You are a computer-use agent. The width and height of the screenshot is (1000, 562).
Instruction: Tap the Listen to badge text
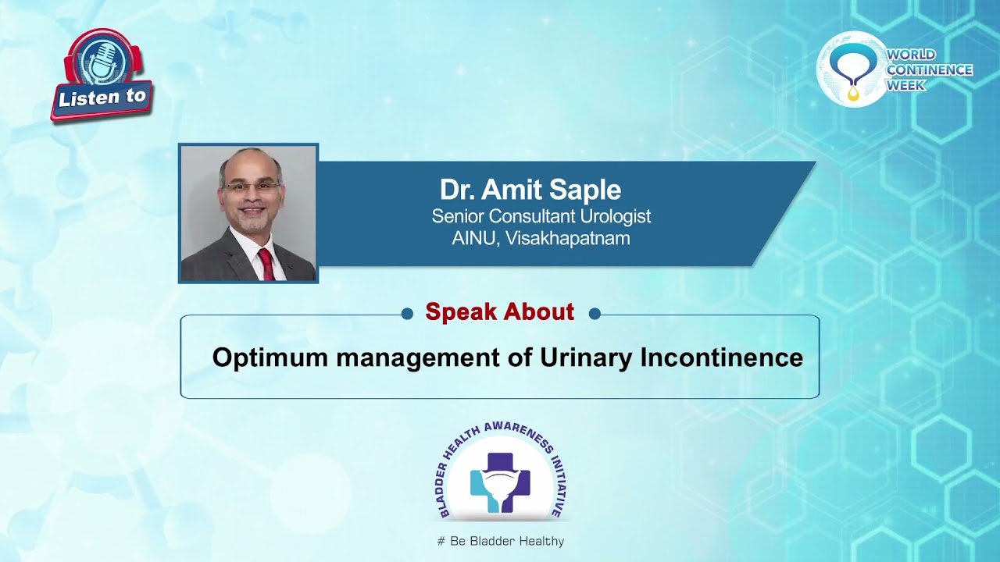tap(102, 98)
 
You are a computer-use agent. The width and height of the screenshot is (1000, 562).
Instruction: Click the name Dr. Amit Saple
tap(530, 190)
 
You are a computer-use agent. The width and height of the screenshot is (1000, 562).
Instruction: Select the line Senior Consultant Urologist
tap(541, 216)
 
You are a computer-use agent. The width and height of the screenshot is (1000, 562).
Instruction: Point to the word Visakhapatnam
tap(567, 239)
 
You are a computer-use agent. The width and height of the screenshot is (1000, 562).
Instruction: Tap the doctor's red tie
tap(266, 265)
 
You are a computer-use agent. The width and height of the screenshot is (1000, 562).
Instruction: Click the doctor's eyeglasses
tap(250, 187)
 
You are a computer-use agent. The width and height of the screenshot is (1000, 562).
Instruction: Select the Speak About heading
tap(499, 312)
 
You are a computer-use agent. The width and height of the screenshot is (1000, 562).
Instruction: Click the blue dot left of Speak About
tap(407, 314)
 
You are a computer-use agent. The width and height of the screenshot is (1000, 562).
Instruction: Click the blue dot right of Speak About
tap(595, 314)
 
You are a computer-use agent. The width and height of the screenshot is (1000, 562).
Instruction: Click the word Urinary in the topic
tap(586, 357)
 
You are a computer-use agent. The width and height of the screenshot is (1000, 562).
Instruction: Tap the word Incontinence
tap(721, 357)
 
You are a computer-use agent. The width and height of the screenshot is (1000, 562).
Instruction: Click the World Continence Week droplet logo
tap(852, 69)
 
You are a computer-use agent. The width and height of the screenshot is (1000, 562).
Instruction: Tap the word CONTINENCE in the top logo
tap(929, 70)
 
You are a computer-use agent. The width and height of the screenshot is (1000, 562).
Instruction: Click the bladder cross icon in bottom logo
tap(500, 482)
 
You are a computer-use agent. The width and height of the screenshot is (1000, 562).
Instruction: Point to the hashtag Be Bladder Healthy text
tap(500, 541)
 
